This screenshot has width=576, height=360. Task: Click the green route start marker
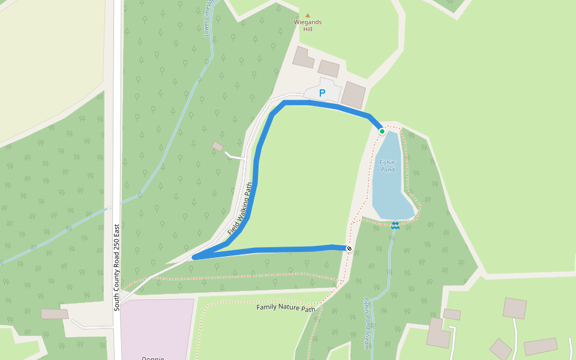coord(382,131)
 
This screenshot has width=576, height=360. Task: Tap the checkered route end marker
coord(349,248)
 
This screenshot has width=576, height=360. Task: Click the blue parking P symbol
coord(322,93)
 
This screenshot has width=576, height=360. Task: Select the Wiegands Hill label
coord(307,25)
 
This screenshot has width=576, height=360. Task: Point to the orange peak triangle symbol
coord(308,15)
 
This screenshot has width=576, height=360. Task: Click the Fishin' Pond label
coord(387,166)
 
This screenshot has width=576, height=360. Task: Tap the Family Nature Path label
coord(286,308)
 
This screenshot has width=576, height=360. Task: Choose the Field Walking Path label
coord(241,208)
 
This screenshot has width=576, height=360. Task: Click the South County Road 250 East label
coord(118,268)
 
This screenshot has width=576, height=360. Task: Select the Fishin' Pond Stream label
coord(367,324)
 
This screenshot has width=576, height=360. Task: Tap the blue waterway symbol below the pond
coord(395,225)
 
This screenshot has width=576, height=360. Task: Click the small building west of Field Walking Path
coord(217,146)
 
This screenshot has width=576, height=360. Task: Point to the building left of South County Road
coord(55,314)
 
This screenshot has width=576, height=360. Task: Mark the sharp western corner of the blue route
coord(194,257)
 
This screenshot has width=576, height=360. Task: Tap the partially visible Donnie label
coord(152,358)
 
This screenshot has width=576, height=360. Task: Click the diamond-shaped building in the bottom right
coord(500,349)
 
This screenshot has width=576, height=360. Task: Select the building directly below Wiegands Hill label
coord(303,58)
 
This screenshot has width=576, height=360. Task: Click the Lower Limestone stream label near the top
coord(209,21)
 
